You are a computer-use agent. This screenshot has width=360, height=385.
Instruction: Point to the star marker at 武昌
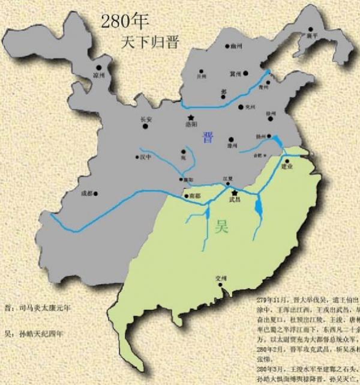(x=234, y=192)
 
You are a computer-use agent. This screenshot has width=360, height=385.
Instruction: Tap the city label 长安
(x=146, y=119)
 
